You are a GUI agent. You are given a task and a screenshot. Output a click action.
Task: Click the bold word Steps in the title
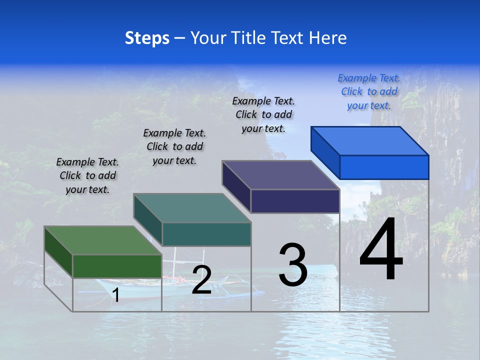[x=147, y=38]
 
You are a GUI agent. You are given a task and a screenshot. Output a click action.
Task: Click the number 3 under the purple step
[x=293, y=264]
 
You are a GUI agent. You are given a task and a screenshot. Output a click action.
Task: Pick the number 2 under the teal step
[x=201, y=279]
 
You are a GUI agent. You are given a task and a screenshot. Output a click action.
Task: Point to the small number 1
[x=116, y=295]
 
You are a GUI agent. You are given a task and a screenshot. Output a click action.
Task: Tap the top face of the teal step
[x=192, y=208]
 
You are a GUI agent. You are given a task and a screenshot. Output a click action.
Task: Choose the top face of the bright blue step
[x=370, y=140]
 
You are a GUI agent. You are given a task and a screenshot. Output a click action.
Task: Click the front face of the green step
[x=117, y=266]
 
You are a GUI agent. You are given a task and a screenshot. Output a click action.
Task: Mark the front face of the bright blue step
[x=384, y=167]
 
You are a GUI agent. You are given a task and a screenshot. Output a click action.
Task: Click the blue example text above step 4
[x=369, y=91]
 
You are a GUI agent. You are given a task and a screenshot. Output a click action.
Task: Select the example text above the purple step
[x=263, y=114]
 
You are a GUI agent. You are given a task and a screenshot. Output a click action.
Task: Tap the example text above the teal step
[x=174, y=146]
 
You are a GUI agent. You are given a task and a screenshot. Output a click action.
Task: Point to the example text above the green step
[x=87, y=175]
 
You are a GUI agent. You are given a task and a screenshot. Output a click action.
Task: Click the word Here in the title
[x=327, y=38]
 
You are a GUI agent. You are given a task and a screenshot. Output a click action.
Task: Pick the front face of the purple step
[x=295, y=201]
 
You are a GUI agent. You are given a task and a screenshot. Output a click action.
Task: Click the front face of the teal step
[x=206, y=234]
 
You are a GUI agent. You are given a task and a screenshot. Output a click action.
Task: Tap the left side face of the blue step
[x=325, y=152]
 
